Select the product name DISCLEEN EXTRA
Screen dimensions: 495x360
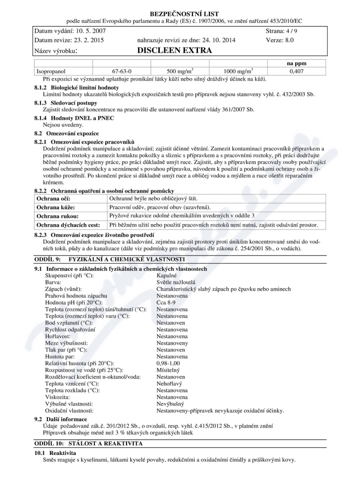(175, 50)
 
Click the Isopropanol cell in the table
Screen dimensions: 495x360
(50, 72)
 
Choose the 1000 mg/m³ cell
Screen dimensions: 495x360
(238, 71)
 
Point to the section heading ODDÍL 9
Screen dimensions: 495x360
(111, 260)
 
